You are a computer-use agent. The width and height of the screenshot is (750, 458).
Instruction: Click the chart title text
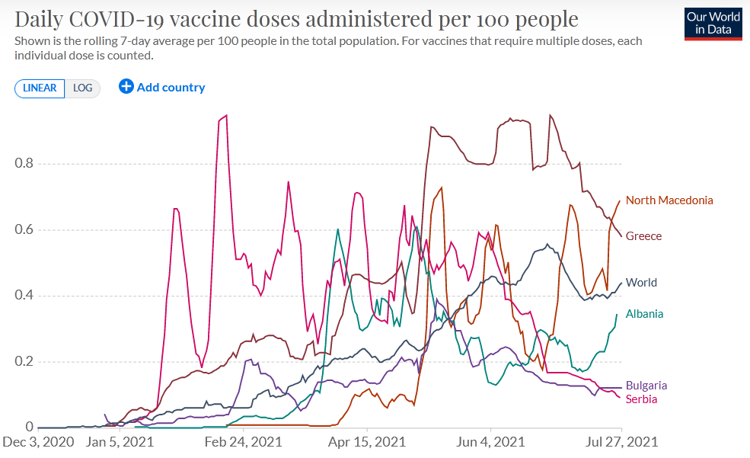[x=296, y=19]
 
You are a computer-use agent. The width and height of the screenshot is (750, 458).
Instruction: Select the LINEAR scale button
[x=40, y=88]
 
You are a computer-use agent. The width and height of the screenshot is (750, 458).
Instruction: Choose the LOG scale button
[x=82, y=88]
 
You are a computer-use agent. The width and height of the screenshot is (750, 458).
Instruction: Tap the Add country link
[x=171, y=87]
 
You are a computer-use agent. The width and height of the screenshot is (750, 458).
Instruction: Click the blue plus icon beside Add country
[x=126, y=87]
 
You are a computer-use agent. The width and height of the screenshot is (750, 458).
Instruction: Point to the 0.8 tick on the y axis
[x=24, y=164]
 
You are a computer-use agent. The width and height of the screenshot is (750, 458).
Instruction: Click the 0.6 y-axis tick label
[x=24, y=230]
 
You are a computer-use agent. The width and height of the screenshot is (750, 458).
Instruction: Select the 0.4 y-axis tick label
[x=24, y=296]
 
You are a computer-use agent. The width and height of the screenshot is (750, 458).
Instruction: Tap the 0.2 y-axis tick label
[x=24, y=362]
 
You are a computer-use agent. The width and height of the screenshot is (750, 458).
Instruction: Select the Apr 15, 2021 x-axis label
[x=368, y=442]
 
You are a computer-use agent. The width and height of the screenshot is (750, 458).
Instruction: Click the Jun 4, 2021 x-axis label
[x=491, y=442]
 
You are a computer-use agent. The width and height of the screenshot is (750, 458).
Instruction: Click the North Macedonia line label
[x=669, y=200]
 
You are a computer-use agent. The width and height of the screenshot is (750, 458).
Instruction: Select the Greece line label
[x=643, y=236]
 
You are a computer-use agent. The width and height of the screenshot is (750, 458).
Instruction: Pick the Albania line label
[x=644, y=314]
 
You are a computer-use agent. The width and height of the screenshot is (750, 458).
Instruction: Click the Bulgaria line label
[x=646, y=386]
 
